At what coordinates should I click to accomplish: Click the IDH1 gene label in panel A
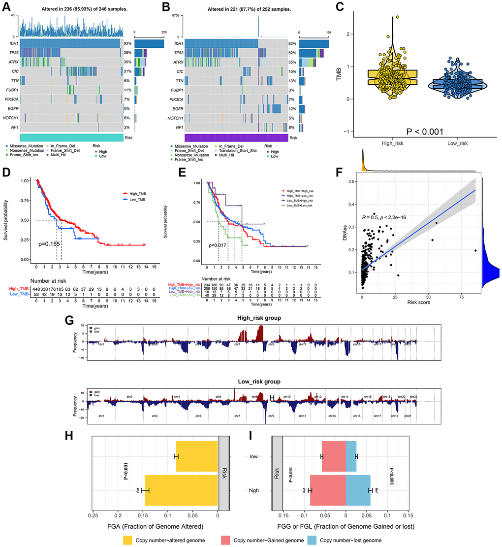tap(12, 44)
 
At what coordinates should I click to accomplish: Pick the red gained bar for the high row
tap(328, 490)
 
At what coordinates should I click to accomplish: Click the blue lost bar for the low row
tap(351, 457)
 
